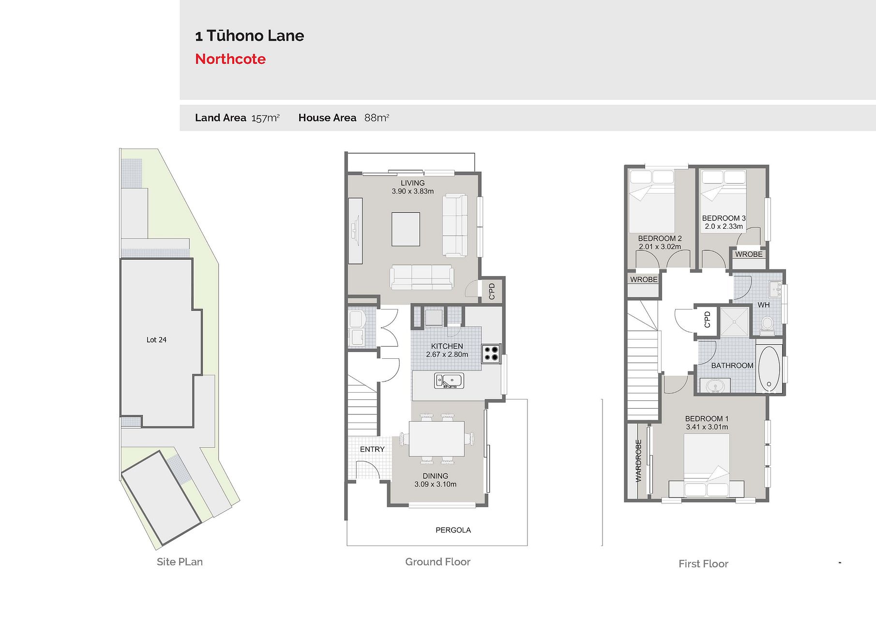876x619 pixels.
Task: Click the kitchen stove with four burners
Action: click(x=491, y=354)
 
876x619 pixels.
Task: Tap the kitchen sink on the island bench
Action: click(x=449, y=381)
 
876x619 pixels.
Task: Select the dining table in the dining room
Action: click(x=437, y=439)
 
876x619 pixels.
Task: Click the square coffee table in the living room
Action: click(x=406, y=229)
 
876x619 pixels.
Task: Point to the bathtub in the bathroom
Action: click(x=769, y=369)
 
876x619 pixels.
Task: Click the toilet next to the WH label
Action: click(x=767, y=325)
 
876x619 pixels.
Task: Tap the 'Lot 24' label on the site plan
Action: click(x=156, y=340)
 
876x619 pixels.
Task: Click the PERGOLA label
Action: click(x=453, y=530)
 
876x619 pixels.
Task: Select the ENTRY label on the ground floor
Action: click(x=372, y=449)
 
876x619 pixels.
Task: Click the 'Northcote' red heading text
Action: click(x=230, y=59)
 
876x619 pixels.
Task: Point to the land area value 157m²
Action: click(x=265, y=118)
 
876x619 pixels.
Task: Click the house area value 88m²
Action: click(x=377, y=118)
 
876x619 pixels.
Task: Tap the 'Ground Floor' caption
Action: click(x=438, y=562)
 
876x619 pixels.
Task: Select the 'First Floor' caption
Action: click(x=703, y=564)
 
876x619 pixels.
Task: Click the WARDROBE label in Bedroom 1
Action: click(x=638, y=460)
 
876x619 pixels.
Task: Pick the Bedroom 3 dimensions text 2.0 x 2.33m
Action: click(x=724, y=226)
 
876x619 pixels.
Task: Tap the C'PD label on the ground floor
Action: click(x=492, y=291)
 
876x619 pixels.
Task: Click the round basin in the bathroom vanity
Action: click(x=714, y=386)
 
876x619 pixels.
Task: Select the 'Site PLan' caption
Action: click(x=180, y=562)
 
